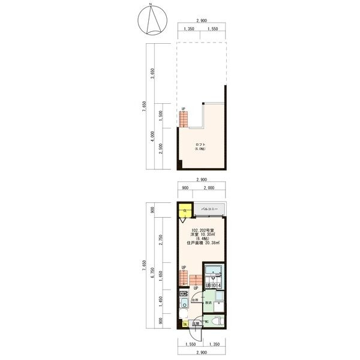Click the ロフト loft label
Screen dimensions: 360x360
click(200, 146)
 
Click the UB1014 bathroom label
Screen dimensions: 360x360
click(214, 286)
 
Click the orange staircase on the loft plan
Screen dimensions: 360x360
click(184, 119)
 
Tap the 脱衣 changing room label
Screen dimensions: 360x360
click(208, 304)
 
